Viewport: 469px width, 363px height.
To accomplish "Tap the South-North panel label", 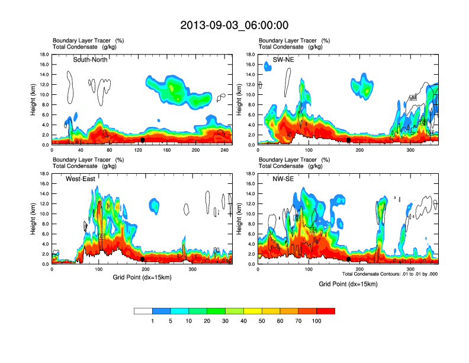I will pos(92,59).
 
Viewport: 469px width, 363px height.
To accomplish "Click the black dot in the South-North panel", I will pos(143,140).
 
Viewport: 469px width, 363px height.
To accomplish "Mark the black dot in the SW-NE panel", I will pos(349,140).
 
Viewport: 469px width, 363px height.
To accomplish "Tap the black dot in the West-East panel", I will pos(143,259).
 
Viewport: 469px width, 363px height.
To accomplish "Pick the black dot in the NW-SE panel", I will pos(349,259).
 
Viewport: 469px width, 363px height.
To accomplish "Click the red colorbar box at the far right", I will pos(326,311).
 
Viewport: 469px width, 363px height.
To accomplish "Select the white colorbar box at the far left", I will pos(143,311).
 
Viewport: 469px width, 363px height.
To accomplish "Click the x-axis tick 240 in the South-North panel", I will pos(224,151).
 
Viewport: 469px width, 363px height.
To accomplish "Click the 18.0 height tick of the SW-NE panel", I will pos(251,55).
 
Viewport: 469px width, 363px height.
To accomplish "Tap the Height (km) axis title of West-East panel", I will pos(34,219).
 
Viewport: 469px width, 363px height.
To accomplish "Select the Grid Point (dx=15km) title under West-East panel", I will pos(142,277).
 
